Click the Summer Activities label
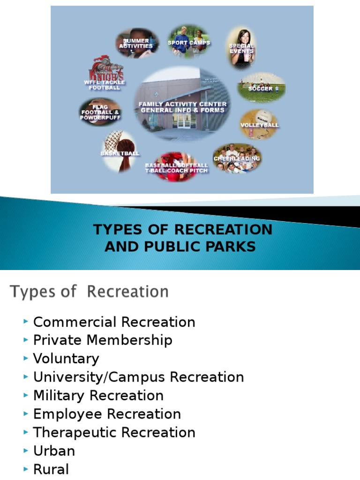[x=136, y=44]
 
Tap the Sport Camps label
[x=189, y=43]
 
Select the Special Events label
[x=241, y=48]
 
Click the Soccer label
[x=260, y=89]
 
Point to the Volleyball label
[x=259, y=125]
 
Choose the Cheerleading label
[x=237, y=158]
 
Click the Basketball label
[x=120, y=153]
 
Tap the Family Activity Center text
[x=182, y=104]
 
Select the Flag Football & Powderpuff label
[x=101, y=112]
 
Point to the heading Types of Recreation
[x=89, y=292]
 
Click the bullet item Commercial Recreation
[x=114, y=322]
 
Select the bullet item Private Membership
[x=103, y=340]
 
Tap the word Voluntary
[x=66, y=359]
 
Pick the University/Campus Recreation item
[x=138, y=377]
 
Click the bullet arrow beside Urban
[x=25, y=450]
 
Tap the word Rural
[x=51, y=469]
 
